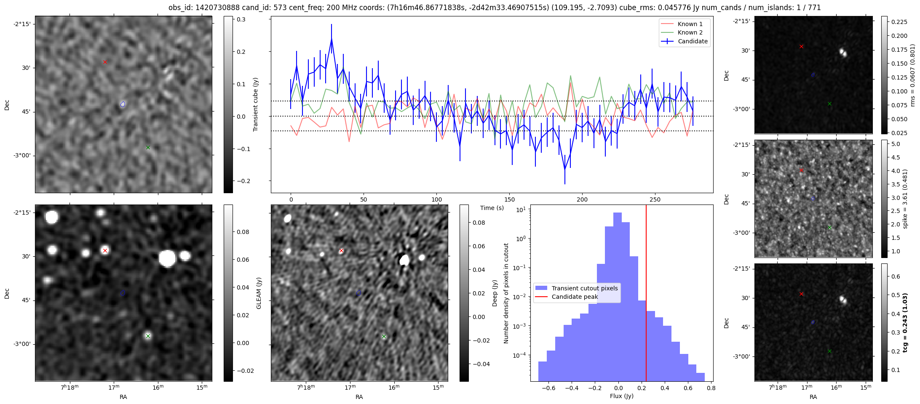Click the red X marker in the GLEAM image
(105, 250)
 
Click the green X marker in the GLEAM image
(148, 336)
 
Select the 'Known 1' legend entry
(690, 24)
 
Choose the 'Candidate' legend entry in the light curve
(693, 41)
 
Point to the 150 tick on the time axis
(509, 199)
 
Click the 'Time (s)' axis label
(492, 208)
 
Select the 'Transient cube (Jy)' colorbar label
(255, 104)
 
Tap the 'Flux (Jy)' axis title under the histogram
(622, 396)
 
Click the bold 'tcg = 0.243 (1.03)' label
(905, 322)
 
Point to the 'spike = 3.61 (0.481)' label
(905, 199)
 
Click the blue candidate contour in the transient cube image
(123, 104)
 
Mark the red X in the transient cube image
(105, 62)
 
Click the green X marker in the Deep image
(384, 336)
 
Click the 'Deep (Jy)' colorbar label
(495, 293)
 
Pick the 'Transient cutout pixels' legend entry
(585, 288)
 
